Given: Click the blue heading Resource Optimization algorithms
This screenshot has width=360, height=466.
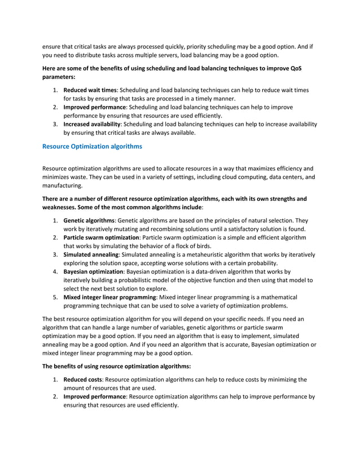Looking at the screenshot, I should click(x=93, y=147).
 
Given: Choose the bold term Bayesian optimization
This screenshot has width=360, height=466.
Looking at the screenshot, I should click(x=93, y=271).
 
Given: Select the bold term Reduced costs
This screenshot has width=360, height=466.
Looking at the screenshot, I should click(x=83, y=380).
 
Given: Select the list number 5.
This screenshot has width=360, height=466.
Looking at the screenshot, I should click(x=55, y=297).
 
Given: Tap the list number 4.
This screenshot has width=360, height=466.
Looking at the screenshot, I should click(x=55, y=271).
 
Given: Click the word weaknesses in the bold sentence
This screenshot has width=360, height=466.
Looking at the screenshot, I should click(x=63, y=207).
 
